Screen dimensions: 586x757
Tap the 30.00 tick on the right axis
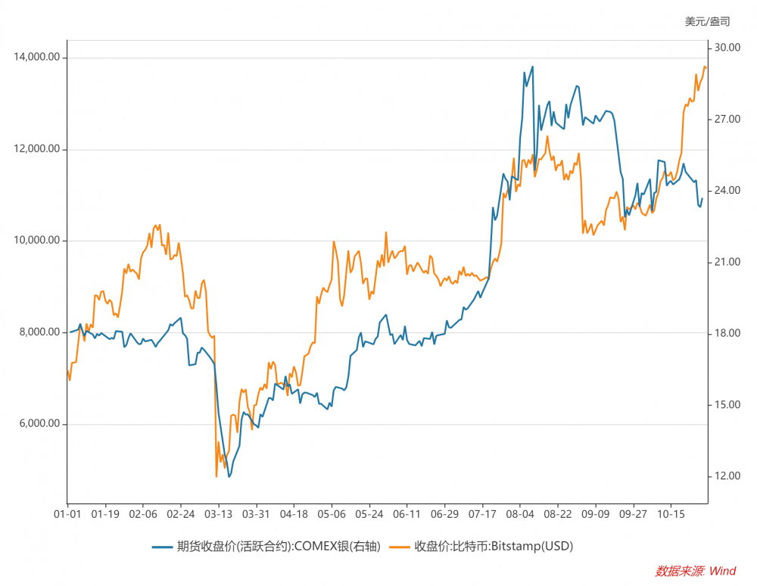tap(727, 48)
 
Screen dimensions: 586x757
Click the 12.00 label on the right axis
tap(727, 476)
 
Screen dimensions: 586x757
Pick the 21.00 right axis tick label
tap(727, 262)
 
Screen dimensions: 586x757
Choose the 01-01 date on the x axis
tap(68, 514)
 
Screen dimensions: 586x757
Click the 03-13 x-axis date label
tap(219, 514)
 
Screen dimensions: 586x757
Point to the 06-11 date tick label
tap(407, 514)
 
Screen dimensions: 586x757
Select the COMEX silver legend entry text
tap(278, 546)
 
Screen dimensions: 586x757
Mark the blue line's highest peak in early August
tap(533, 67)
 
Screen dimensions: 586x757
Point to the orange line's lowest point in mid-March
tap(217, 476)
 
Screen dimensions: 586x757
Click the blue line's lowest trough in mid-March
tap(229, 475)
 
